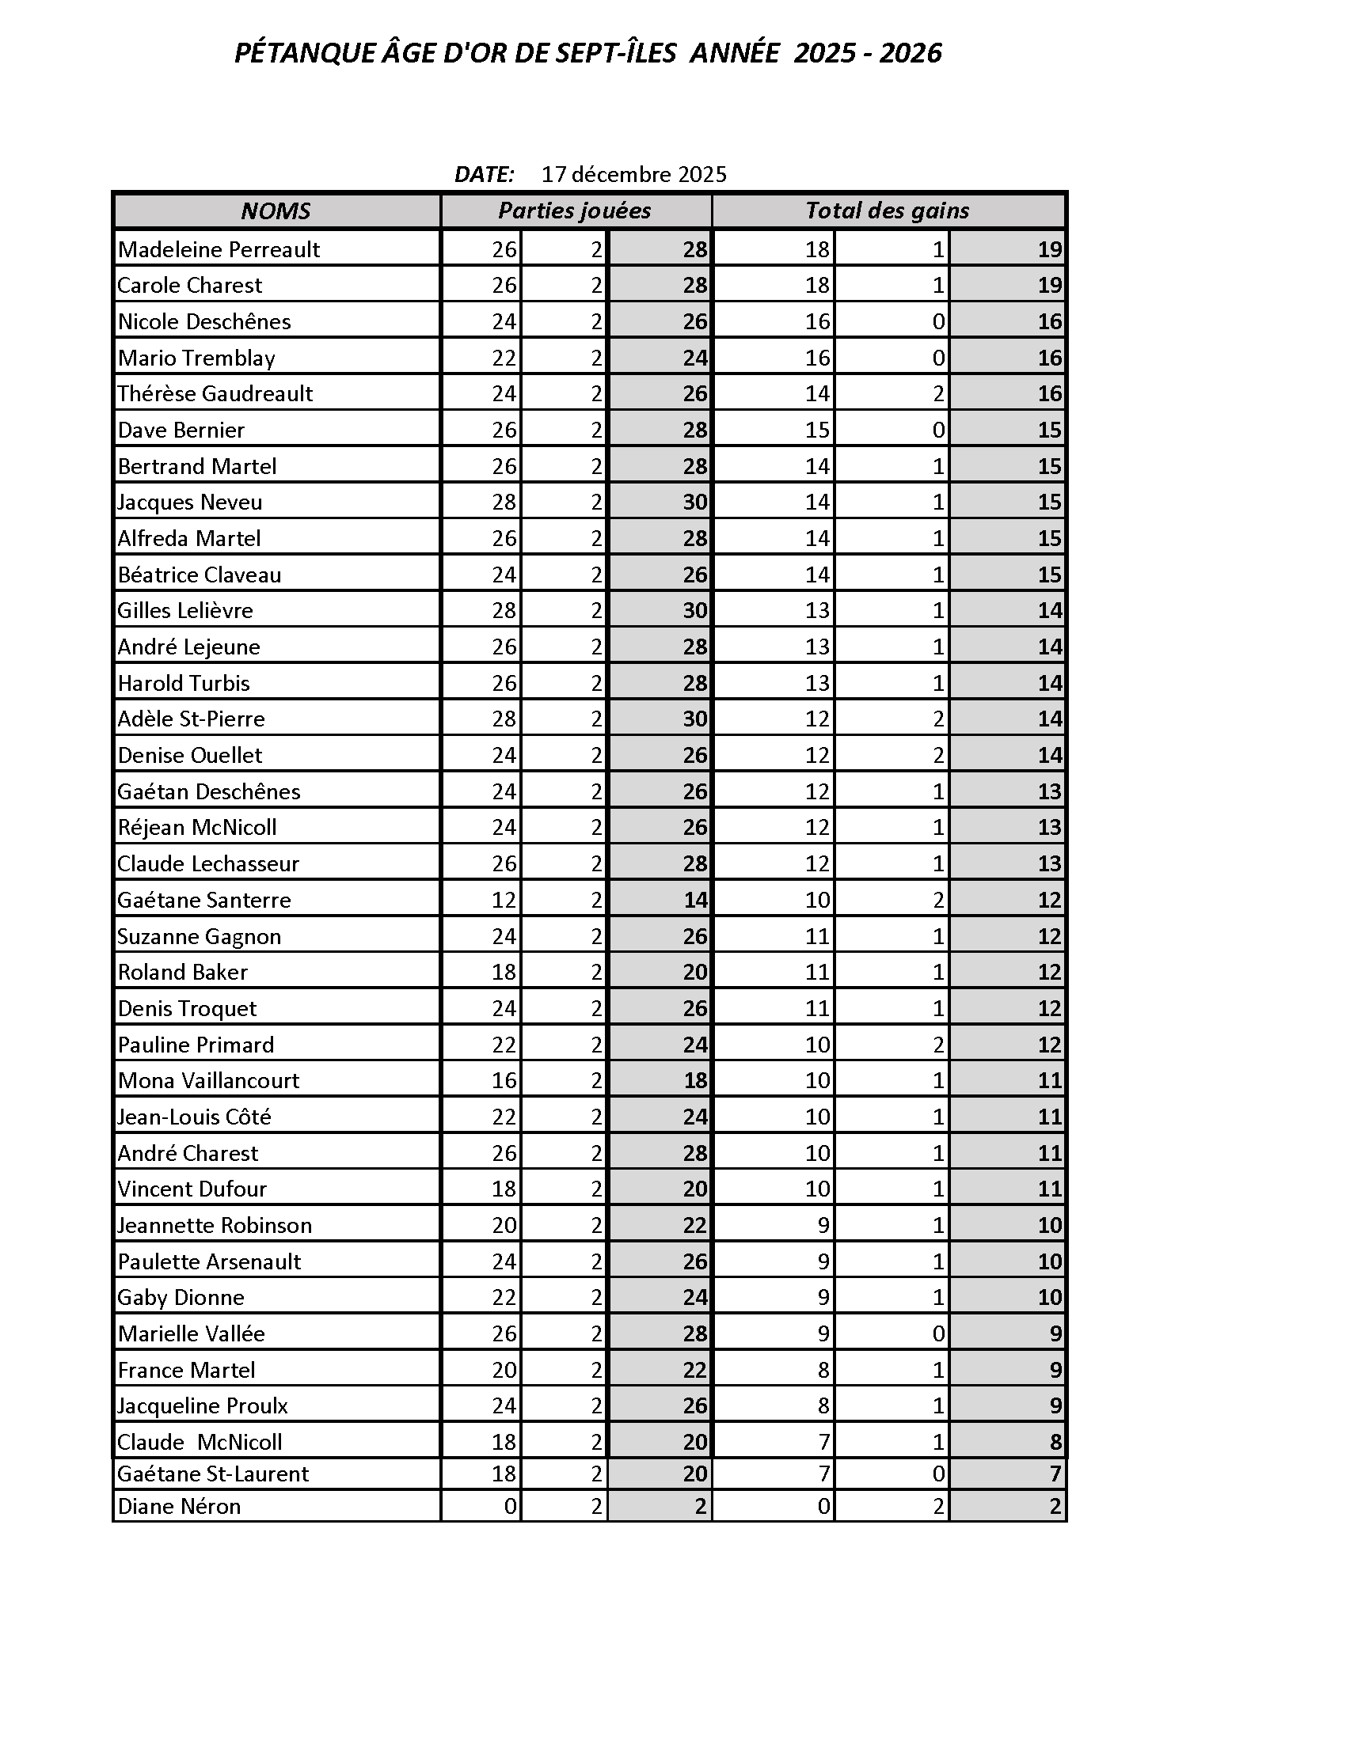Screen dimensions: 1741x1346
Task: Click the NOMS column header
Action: [275, 211]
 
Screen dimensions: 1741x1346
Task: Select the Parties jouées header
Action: [574, 211]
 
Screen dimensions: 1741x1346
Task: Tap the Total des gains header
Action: [887, 211]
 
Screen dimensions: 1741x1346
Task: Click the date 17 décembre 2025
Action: [634, 175]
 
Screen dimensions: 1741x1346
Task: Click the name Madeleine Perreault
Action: [219, 249]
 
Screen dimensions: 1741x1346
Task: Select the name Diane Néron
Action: [180, 1506]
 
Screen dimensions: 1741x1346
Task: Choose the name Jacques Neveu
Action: [190, 503]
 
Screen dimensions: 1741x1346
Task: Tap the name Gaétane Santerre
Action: [204, 900]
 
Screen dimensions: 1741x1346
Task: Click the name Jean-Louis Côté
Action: [195, 1117]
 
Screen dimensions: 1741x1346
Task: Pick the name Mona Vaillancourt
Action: [209, 1080]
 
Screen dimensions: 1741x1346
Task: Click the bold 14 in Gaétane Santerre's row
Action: [694, 900]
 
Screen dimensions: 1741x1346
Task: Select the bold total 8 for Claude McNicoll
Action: [1055, 1442]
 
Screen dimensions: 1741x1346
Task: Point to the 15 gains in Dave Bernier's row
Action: [816, 431]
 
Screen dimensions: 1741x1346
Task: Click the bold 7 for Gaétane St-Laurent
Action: [1055, 1474]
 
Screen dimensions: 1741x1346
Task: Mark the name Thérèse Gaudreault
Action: [215, 394]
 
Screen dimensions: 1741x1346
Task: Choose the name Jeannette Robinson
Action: [215, 1225]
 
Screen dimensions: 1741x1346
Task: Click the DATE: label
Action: [484, 175]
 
